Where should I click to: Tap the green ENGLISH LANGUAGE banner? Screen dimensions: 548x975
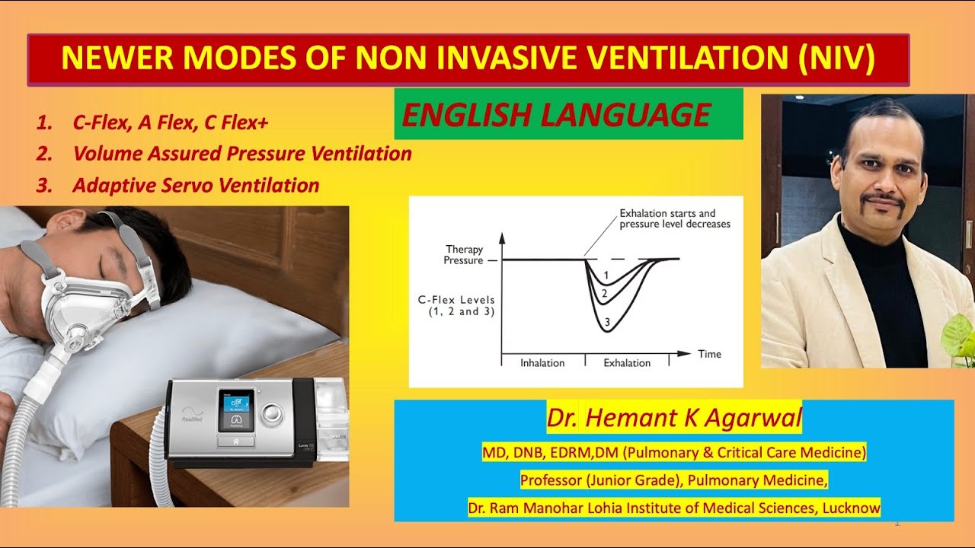[x=568, y=114]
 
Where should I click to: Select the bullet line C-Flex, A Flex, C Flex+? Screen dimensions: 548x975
[x=171, y=122]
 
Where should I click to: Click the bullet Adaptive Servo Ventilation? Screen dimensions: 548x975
[x=196, y=185]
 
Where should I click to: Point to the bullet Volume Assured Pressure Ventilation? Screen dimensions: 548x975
[x=242, y=154]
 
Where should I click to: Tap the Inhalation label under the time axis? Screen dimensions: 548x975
[x=542, y=363]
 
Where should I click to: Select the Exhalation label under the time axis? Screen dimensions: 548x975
[x=627, y=363]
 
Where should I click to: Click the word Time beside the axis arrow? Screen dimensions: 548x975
[x=709, y=354]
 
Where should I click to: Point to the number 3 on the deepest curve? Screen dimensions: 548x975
[x=607, y=323]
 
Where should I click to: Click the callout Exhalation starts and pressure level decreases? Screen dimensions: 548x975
[x=674, y=218]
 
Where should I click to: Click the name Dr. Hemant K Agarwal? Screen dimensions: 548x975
[x=674, y=418]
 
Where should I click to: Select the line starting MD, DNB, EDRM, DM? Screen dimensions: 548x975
[x=674, y=453]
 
